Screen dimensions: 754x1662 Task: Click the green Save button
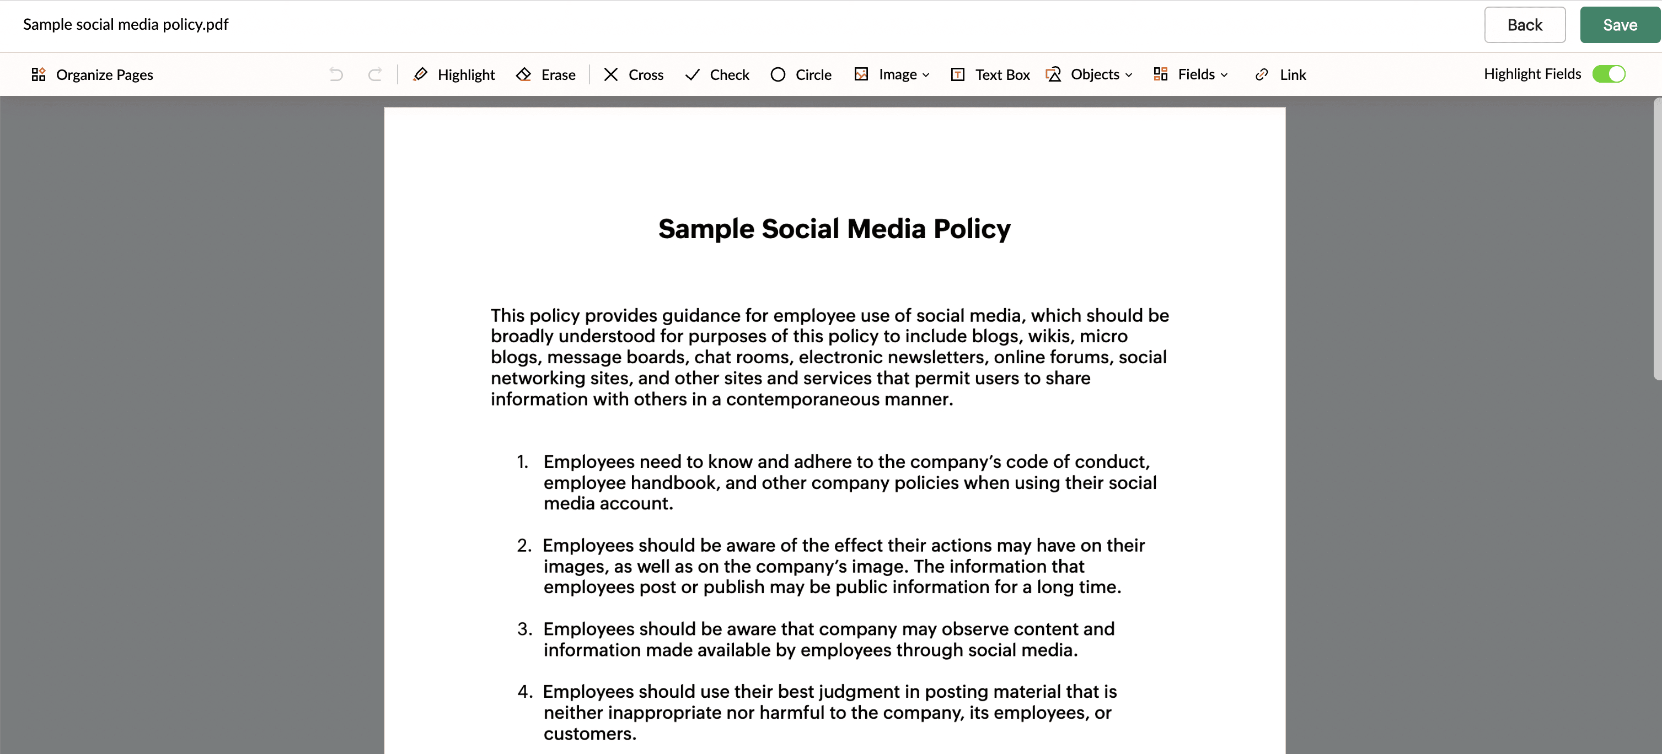pyautogui.click(x=1620, y=25)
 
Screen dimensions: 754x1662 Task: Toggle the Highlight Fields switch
pyautogui.click(x=1609, y=74)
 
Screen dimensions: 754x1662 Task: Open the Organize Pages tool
pyautogui.click(x=92, y=75)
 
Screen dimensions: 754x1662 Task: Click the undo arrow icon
pyautogui.click(x=336, y=75)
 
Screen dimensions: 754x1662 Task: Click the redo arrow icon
pyautogui.click(x=375, y=75)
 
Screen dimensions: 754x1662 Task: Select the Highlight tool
pyautogui.click(x=454, y=75)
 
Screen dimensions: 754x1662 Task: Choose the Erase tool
pyautogui.click(x=546, y=75)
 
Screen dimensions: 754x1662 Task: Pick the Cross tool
pyautogui.click(x=634, y=75)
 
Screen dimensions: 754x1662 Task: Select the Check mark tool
pyautogui.click(x=717, y=75)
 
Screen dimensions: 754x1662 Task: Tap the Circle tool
pyautogui.click(x=801, y=75)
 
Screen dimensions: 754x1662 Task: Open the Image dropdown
pyautogui.click(x=892, y=75)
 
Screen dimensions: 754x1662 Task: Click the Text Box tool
pyautogui.click(x=990, y=75)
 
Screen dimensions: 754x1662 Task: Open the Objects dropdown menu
pyautogui.click(x=1089, y=75)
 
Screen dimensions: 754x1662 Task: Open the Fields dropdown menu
pyautogui.click(x=1191, y=75)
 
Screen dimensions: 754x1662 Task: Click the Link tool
pyautogui.click(x=1281, y=75)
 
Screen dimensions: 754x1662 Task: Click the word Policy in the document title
pyautogui.click(x=972, y=229)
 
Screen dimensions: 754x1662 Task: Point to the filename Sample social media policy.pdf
pyautogui.click(x=126, y=24)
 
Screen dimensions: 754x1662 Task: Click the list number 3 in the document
pyautogui.click(x=524, y=629)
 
